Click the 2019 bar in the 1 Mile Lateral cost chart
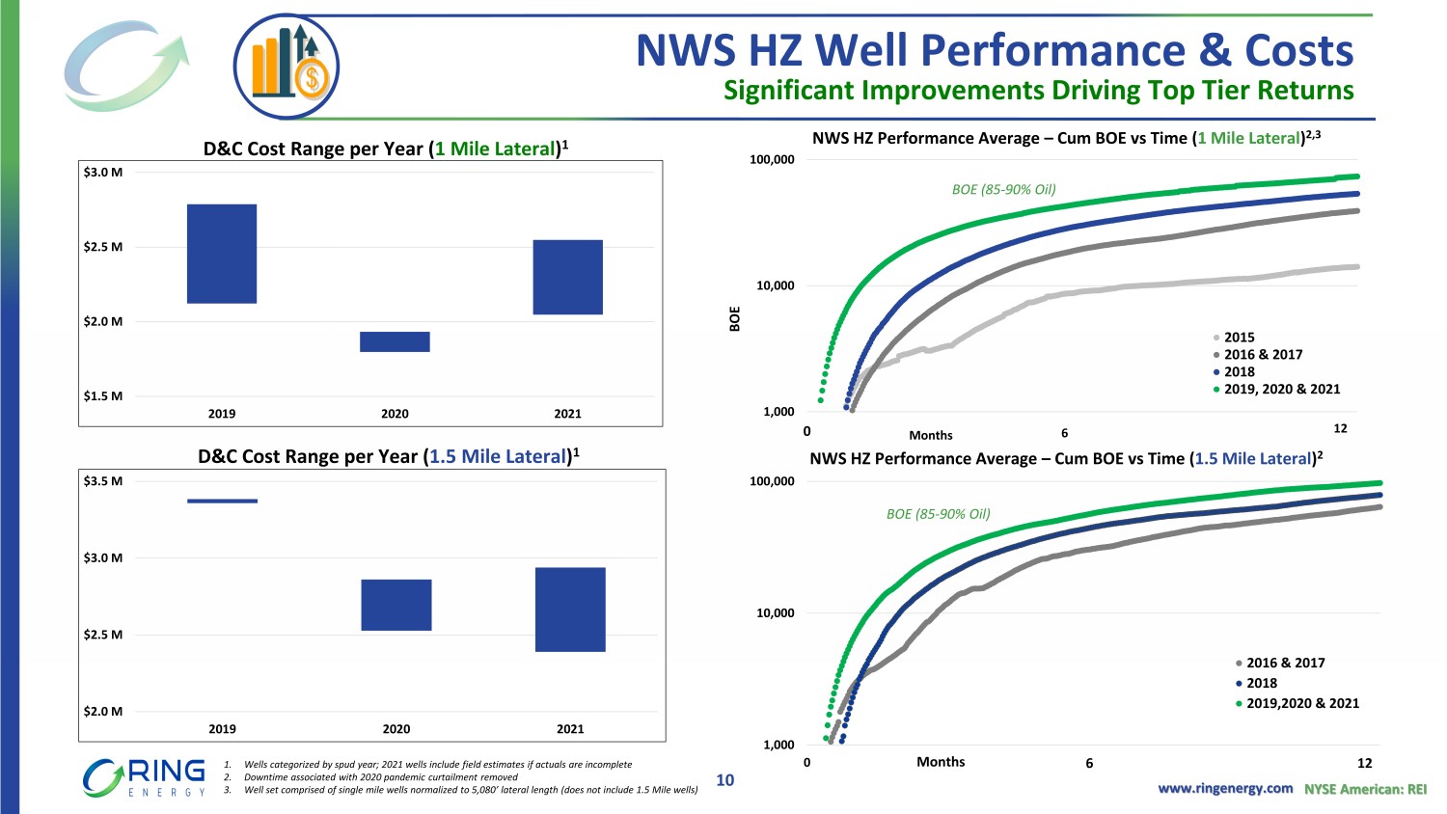click(x=222, y=254)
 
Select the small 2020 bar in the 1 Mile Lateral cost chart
click(x=395, y=341)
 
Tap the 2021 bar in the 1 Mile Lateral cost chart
click(x=567, y=277)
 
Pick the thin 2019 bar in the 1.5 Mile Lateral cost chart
click(x=222, y=501)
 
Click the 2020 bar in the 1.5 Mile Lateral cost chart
click(x=396, y=605)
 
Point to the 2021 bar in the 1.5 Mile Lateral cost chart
click(x=570, y=610)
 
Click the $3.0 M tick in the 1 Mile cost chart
click(x=103, y=173)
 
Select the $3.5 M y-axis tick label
click(x=103, y=481)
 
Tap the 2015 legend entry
click(x=1239, y=338)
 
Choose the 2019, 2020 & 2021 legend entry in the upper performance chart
click(x=1281, y=390)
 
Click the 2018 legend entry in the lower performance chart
click(x=1261, y=683)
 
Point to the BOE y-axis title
click(x=735, y=319)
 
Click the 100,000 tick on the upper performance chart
click(x=772, y=160)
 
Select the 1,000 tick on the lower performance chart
click(x=778, y=745)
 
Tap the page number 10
click(x=724, y=780)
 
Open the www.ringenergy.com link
click(x=1225, y=789)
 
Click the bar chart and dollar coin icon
click(x=287, y=67)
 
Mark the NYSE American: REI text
click(x=1365, y=789)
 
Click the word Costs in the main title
click(x=1298, y=50)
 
